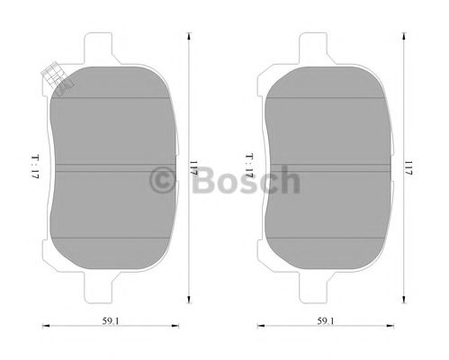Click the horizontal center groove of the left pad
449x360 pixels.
pos(111,167)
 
